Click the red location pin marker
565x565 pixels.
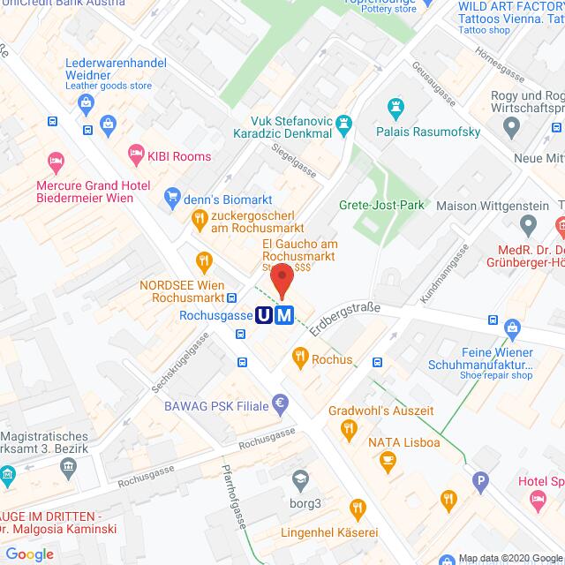click(x=281, y=281)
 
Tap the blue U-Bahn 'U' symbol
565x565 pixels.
click(x=264, y=315)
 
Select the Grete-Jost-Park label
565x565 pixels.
click(x=381, y=205)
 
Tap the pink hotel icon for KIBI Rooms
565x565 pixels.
click(x=135, y=156)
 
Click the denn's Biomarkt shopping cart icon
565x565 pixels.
click(x=174, y=199)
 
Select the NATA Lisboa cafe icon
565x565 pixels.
click(x=387, y=460)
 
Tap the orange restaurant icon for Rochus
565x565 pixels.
click(x=299, y=358)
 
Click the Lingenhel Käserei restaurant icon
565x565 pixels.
click(x=357, y=508)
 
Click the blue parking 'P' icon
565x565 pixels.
click(x=480, y=482)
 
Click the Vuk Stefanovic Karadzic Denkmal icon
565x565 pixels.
click(x=345, y=123)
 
